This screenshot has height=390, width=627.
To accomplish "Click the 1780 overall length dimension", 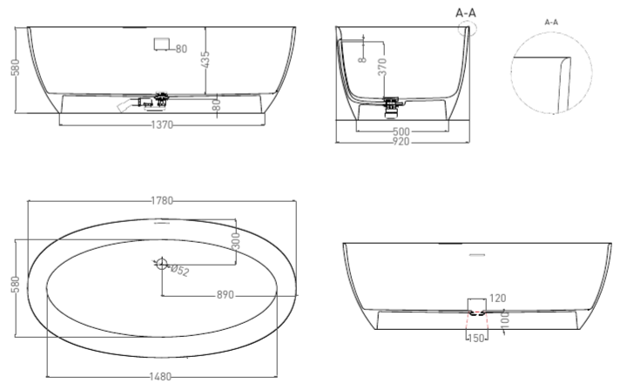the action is pyautogui.click(x=162, y=200).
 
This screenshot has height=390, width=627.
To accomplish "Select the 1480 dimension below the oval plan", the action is pyautogui.click(x=160, y=376).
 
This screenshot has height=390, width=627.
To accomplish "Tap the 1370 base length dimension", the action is pyautogui.click(x=162, y=125).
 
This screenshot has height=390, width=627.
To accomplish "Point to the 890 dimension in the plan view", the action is pyautogui.click(x=226, y=295).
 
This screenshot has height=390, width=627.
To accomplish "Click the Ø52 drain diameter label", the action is pyautogui.click(x=179, y=271).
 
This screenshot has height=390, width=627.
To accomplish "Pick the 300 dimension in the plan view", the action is pyautogui.click(x=236, y=241).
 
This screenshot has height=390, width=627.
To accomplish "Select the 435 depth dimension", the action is pyautogui.click(x=206, y=59).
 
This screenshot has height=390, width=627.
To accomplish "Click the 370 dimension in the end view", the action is pyautogui.click(x=382, y=67).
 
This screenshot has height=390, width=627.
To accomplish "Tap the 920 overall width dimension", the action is pyautogui.click(x=401, y=141).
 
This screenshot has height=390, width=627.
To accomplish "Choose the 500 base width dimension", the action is pyautogui.click(x=401, y=131).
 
